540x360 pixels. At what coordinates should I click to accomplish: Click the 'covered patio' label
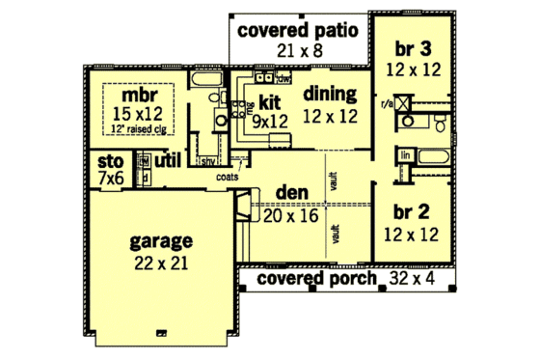tap(298, 30)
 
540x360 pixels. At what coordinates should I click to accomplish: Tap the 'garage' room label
tap(163, 241)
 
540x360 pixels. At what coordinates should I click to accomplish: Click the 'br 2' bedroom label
tap(418, 211)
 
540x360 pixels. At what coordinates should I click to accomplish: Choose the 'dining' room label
tap(331, 94)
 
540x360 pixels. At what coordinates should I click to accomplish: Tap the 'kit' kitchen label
tap(269, 100)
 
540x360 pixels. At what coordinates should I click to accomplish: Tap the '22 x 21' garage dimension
tap(163, 262)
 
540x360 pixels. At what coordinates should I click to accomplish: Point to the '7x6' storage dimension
tap(106, 180)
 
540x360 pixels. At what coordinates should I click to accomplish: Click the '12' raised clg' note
tap(139, 128)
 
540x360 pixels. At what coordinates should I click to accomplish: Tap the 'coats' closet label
tap(228, 178)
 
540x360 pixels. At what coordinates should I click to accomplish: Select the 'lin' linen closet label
tap(406, 154)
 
